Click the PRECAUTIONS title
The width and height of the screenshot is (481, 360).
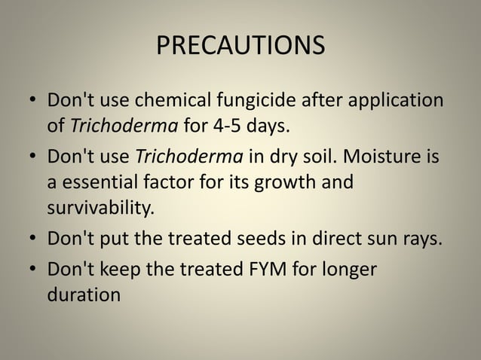pos(240,46)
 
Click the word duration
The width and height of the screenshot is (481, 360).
pos(83,294)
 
